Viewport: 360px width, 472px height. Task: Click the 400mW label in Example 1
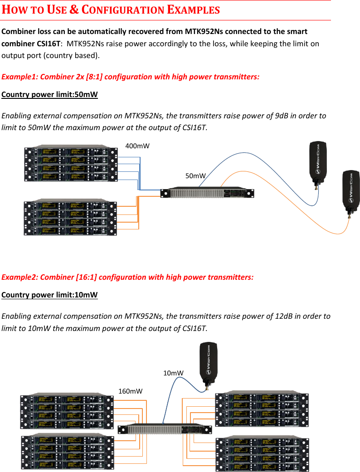tap(137, 146)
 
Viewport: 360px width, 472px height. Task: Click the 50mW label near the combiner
tap(196, 175)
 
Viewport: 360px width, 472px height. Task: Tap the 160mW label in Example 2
tap(131, 390)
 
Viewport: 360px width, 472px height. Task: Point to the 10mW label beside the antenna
tap(173, 373)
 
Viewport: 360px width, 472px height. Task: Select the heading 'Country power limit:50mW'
tap(49, 95)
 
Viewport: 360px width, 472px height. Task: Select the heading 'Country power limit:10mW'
tap(49, 295)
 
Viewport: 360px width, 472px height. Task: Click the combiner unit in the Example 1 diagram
tap(208, 193)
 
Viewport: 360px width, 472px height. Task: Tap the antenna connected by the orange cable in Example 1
tap(350, 193)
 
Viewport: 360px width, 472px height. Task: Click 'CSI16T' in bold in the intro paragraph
tap(49, 44)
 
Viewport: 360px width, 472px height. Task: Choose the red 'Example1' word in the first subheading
tap(20, 77)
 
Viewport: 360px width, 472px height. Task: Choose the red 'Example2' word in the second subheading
tap(20, 277)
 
